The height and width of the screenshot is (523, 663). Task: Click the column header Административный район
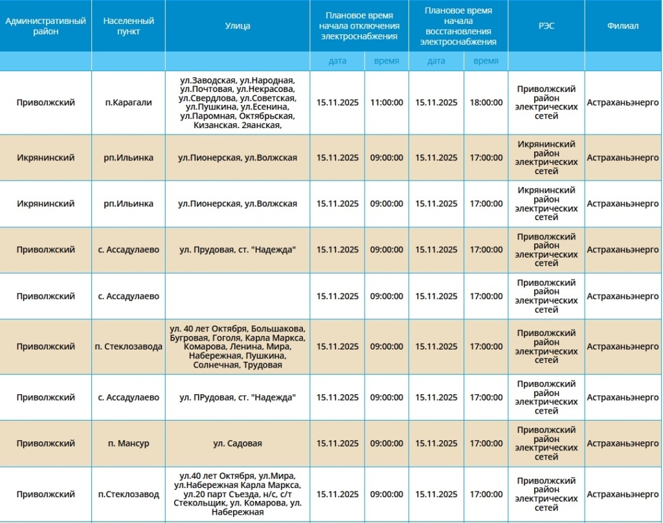(x=45, y=26)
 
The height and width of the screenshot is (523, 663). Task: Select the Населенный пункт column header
(x=128, y=26)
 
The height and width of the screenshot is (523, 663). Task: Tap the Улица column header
(x=238, y=26)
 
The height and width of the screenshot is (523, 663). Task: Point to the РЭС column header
(x=546, y=26)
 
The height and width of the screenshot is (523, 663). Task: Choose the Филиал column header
(x=623, y=26)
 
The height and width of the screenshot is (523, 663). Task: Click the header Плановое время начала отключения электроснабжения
(x=359, y=26)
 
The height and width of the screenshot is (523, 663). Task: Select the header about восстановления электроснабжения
(x=458, y=26)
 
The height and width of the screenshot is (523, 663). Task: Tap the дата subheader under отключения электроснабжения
(x=337, y=61)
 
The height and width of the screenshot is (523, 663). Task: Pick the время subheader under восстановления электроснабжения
(x=486, y=61)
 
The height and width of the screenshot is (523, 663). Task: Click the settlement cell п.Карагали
(x=128, y=102)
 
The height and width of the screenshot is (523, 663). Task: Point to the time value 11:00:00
(x=387, y=102)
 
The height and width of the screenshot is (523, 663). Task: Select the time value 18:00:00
(x=486, y=102)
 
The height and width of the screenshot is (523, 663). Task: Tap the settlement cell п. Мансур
(x=128, y=443)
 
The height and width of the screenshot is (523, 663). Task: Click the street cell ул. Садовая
(x=238, y=443)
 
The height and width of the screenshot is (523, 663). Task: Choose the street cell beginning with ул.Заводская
(x=238, y=102)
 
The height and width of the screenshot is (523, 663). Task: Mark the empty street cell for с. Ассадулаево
(x=238, y=296)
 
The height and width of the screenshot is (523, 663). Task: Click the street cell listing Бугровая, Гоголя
(x=238, y=347)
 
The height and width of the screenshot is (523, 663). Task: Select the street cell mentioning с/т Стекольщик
(x=238, y=495)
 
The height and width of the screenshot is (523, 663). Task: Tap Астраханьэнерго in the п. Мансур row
(x=623, y=443)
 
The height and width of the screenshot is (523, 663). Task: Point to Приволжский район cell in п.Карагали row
(x=546, y=102)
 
